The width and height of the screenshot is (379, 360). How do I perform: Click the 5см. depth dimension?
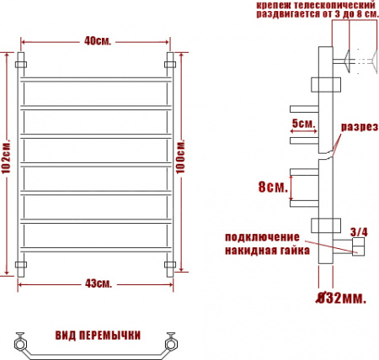pos(302,124)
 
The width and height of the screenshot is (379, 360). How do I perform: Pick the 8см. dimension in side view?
pos(271,187)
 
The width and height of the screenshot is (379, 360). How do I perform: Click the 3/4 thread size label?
pos(359,231)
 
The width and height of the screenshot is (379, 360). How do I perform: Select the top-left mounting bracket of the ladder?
pos(24,63)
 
